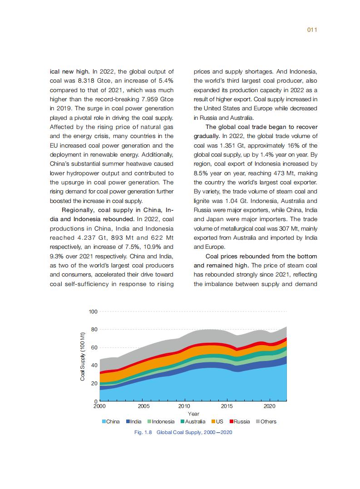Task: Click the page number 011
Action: [311, 30]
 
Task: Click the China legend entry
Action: [110, 421]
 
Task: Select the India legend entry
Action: [134, 421]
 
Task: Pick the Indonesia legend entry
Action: [160, 421]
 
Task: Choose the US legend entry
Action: [217, 421]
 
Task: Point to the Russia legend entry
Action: [239, 421]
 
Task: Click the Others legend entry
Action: [266, 421]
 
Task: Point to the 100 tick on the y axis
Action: [93, 311]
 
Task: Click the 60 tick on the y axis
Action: [94, 347]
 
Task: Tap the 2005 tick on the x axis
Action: [143, 406]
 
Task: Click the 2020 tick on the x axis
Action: [270, 406]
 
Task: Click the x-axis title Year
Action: [193, 414]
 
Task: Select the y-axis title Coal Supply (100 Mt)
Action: [83, 356]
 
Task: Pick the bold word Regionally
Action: [80, 210]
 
